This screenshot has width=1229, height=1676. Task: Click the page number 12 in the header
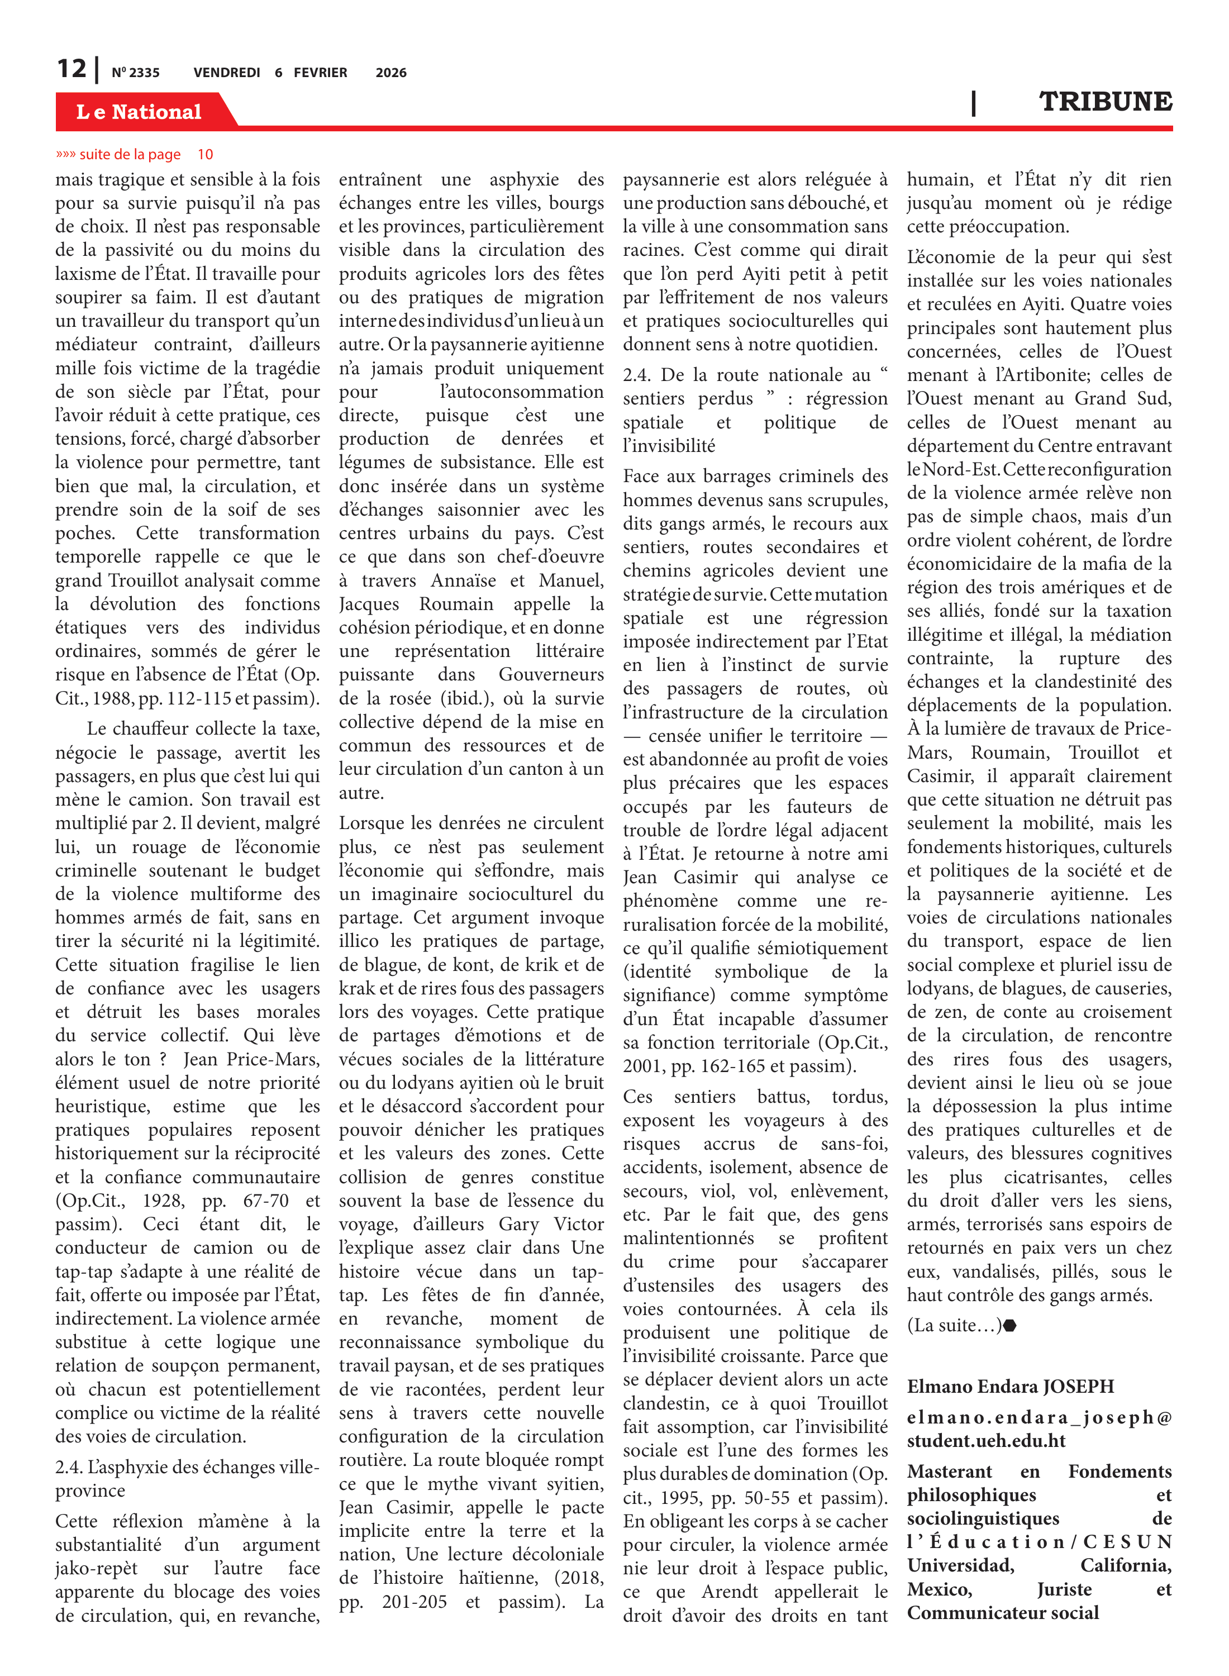[72, 69]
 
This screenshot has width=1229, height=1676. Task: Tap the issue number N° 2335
[135, 73]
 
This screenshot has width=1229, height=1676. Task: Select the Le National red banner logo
[139, 112]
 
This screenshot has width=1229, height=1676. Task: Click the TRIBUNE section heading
[1105, 101]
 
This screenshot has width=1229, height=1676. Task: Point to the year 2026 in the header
[390, 73]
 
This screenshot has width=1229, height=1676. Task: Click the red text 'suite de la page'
[130, 155]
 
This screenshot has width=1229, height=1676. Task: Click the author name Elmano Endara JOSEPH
[1010, 1387]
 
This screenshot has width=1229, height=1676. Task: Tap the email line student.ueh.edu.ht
[986, 1441]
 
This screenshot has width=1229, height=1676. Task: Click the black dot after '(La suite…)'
[1009, 1326]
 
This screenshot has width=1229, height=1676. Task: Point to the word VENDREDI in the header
[226, 73]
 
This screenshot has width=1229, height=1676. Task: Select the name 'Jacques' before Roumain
[369, 604]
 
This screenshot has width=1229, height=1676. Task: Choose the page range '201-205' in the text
[415, 1602]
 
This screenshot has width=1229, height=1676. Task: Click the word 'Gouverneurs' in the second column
[551, 675]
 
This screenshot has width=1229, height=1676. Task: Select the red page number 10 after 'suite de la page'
[206, 155]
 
